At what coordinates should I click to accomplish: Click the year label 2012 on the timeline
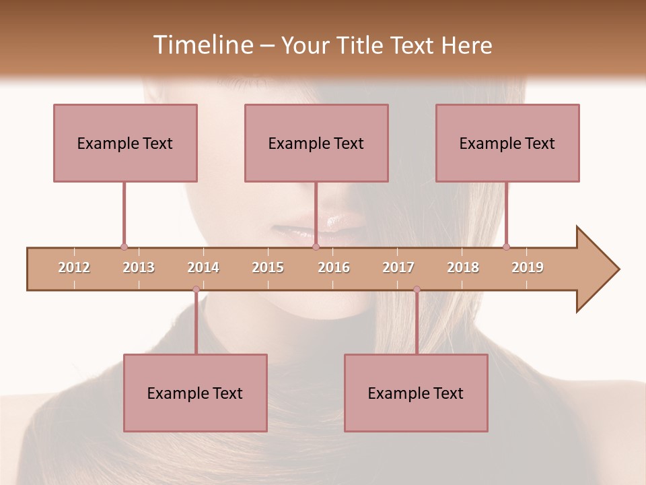click(74, 267)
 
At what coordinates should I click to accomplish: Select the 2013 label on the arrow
click(139, 267)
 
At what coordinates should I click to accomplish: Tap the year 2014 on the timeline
click(203, 267)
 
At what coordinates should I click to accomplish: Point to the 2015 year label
click(268, 267)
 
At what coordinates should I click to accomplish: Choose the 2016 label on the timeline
click(334, 267)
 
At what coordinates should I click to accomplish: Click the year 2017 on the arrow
click(398, 267)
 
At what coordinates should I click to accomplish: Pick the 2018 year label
click(463, 267)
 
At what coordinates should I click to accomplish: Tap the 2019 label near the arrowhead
click(528, 267)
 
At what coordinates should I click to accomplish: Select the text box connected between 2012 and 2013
click(125, 143)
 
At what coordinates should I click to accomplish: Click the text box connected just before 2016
click(316, 143)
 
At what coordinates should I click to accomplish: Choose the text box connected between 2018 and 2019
click(507, 143)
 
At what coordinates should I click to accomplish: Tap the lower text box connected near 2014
click(195, 393)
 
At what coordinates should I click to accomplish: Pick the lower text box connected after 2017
click(416, 393)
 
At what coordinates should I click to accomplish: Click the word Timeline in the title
click(202, 45)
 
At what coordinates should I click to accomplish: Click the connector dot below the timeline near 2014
click(196, 290)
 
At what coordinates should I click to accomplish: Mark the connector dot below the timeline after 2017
click(417, 290)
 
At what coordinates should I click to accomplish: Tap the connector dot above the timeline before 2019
click(506, 247)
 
